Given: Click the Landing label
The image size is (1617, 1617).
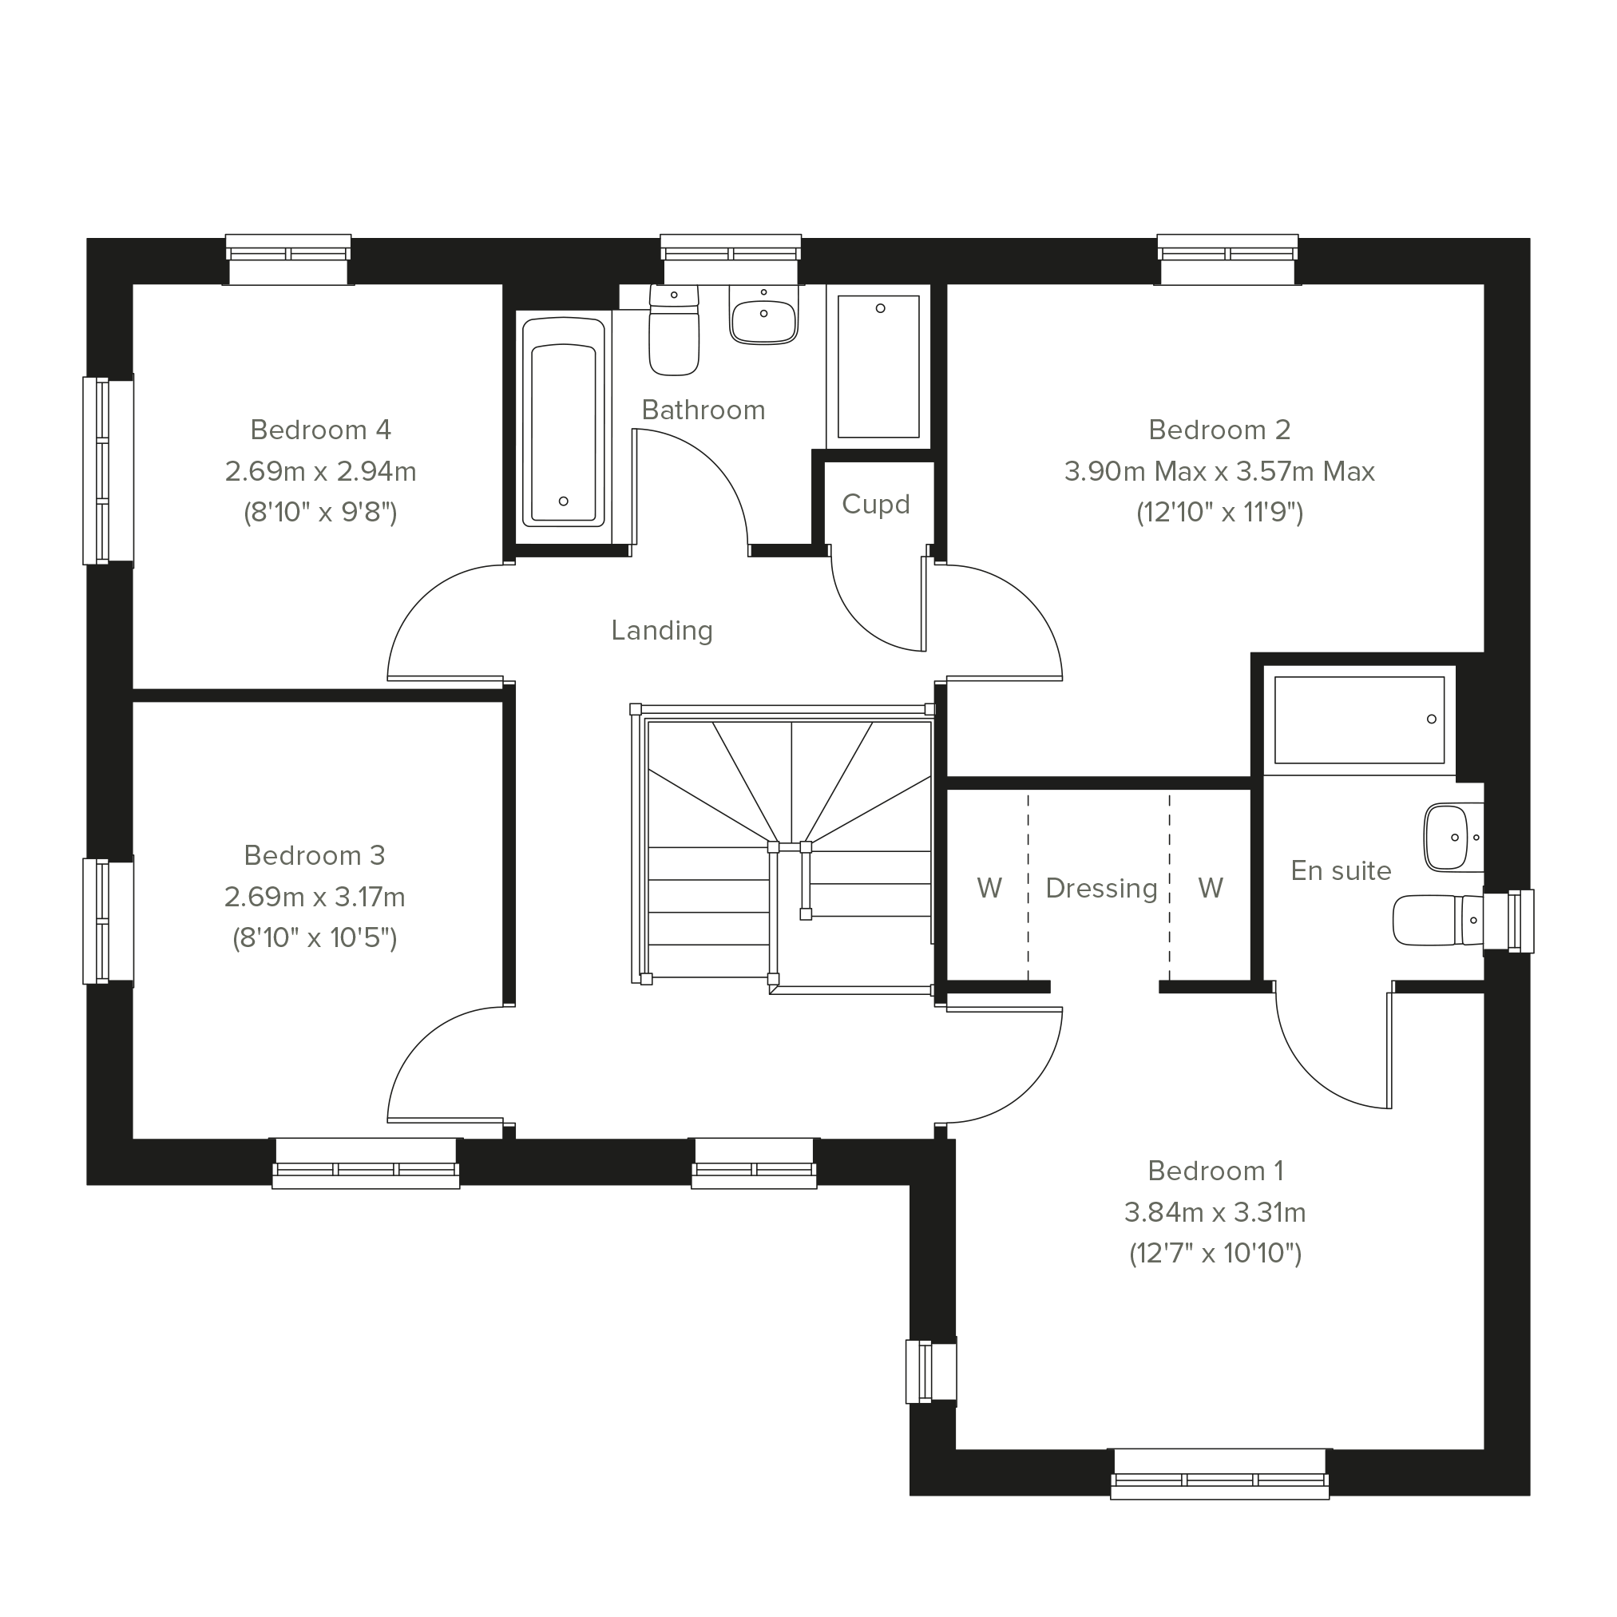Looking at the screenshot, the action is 661,630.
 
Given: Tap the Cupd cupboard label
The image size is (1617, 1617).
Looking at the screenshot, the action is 875,504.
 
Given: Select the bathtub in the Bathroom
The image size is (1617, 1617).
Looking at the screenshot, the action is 563,422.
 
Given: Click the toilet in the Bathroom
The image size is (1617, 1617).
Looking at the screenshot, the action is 674,330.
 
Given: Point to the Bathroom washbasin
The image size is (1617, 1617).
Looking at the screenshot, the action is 763,315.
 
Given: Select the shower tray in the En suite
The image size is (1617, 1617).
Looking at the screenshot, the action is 1359,720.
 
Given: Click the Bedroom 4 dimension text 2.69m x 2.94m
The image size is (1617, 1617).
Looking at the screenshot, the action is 320,471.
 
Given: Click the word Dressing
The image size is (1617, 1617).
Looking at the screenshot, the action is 1101,888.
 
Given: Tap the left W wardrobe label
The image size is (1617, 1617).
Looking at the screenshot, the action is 989,887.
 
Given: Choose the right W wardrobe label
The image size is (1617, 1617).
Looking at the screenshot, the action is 1211,887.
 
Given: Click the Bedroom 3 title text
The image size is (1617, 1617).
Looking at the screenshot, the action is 315,854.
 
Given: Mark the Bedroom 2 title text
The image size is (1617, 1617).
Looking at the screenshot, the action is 1219,430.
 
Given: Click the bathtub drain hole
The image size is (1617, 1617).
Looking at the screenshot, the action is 563,501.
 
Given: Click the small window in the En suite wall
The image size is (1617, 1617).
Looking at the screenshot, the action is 1509,921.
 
